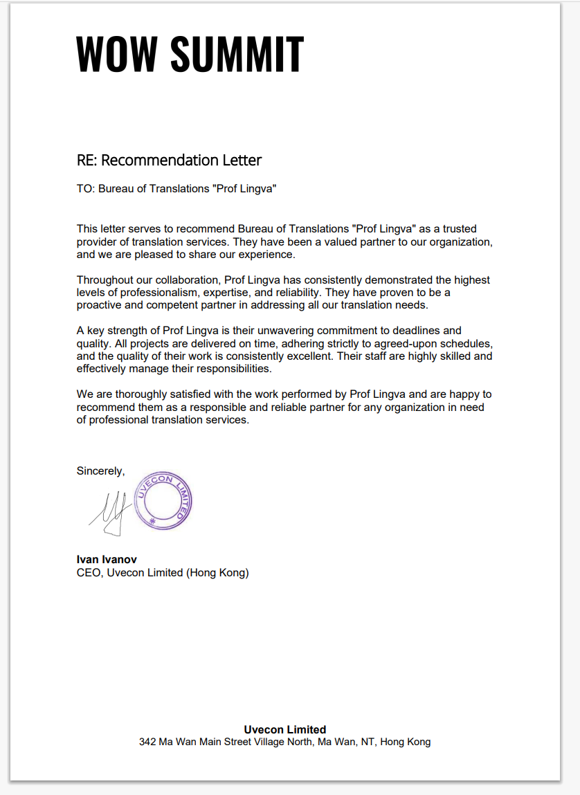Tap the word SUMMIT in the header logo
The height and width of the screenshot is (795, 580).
(237, 54)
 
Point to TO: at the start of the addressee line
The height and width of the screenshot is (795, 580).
(86, 189)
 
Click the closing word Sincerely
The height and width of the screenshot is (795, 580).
(100, 471)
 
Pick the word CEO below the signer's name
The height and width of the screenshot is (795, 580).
(89, 573)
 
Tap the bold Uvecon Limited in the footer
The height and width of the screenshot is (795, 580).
(284, 729)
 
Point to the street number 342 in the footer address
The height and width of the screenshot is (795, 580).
(147, 742)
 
